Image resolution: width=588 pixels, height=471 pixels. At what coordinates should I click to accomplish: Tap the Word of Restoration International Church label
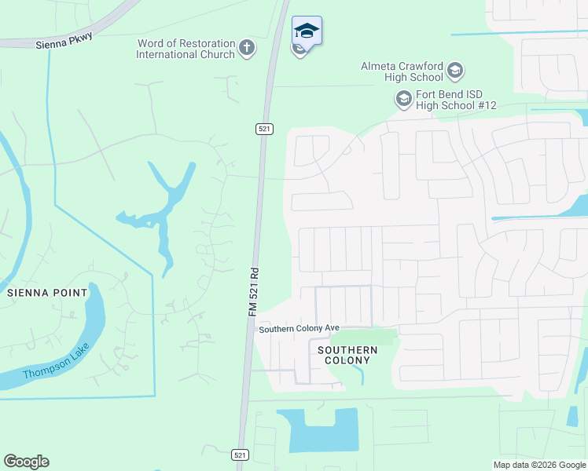[186, 49]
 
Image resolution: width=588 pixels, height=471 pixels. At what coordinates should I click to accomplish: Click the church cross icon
[247, 49]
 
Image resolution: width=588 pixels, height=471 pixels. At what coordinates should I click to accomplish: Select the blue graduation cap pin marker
[307, 31]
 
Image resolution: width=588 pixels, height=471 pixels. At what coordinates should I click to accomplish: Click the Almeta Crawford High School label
[402, 72]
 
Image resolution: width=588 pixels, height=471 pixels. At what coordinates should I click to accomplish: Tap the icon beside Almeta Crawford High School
[455, 72]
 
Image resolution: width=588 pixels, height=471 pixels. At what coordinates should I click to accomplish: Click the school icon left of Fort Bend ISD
[403, 100]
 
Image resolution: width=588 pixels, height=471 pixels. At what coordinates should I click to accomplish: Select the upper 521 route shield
[264, 128]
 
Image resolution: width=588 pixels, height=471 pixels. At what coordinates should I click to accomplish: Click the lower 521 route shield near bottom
[241, 455]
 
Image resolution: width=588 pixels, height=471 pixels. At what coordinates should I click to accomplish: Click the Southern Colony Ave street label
[300, 329]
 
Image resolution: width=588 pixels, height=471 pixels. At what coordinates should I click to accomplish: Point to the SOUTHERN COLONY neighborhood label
[347, 355]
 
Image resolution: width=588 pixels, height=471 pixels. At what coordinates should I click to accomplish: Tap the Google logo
[26, 462]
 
